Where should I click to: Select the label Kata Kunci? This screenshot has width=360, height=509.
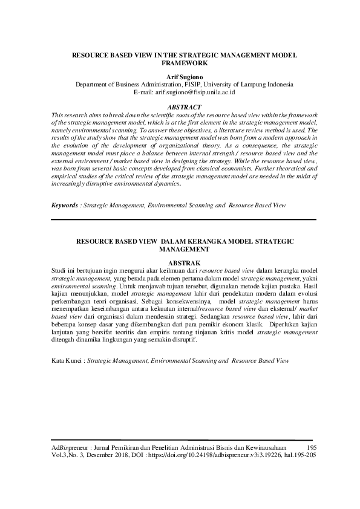[67, 360]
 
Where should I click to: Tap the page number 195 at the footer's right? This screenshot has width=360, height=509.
[312, 447]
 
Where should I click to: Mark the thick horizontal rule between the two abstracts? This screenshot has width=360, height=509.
[183, 219]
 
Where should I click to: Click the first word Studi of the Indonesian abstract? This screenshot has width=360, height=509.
[58, 271]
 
